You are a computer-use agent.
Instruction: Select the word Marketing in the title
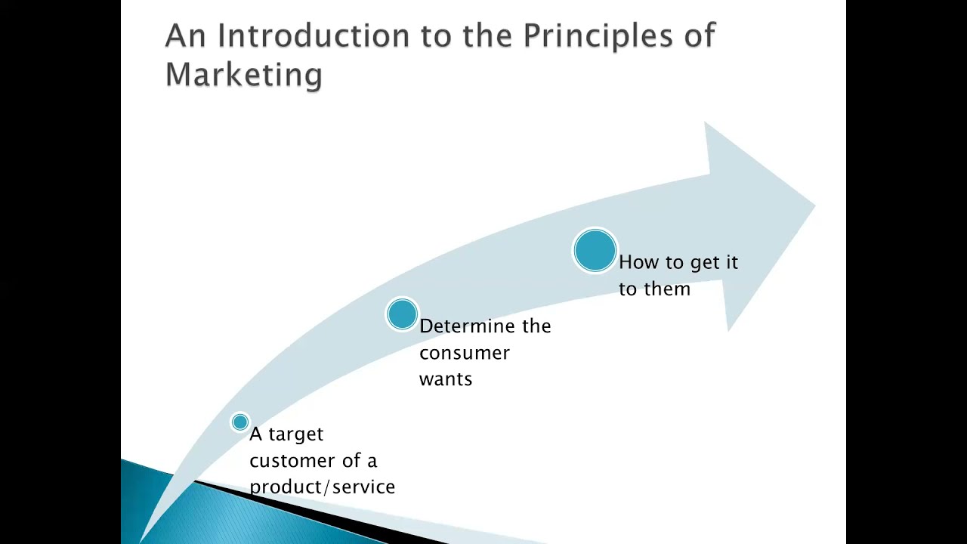[x=243, y=74]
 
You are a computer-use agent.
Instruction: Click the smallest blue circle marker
[x=240, y=422]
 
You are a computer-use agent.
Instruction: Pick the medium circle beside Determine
[x=402, y=314]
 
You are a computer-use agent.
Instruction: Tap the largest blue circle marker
[x=595, y=250]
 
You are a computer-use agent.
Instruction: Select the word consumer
[x=464, y=353]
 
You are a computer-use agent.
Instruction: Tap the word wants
[x=445, y=379]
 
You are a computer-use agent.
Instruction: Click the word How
[x=638, y=262]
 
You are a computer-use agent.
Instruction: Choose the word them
[x=665, y=289]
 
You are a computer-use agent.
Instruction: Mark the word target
[x=295, y=434]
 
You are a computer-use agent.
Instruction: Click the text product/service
[x=322, y=487]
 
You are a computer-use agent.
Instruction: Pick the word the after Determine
[x=536, y=326]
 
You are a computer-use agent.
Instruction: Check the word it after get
[x=731, y=262]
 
